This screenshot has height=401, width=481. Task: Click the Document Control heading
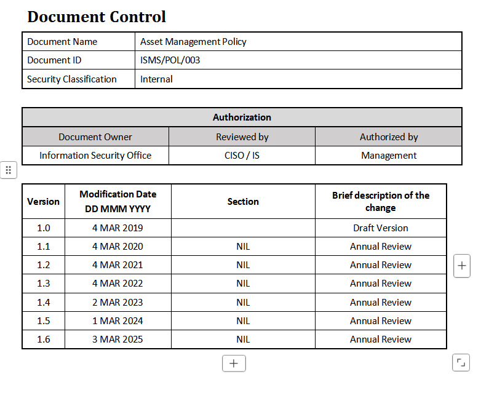point(97,17)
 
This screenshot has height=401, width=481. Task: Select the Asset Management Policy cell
point(193,42)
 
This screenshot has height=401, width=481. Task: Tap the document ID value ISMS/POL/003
point(170,60)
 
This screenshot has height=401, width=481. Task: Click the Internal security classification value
point(156,79)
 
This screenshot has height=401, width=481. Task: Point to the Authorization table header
point(242,117)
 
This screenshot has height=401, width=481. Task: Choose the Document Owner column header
point(95,137)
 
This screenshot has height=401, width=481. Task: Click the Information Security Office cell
point(95,156)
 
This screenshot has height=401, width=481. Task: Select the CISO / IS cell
point(242,156)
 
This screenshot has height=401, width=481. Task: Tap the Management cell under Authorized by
point(389,156)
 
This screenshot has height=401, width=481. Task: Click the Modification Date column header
point(117,201)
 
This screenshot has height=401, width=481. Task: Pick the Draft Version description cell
point(381,228)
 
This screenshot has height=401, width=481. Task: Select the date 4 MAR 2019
point(117,228)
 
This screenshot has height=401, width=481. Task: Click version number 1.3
point(43,284)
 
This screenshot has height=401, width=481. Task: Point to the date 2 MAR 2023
point(117,302)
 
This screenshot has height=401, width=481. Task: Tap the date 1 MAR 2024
point(117,320)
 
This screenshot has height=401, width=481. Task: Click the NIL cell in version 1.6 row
point(243,339)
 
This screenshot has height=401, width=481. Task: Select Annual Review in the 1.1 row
point(381,246)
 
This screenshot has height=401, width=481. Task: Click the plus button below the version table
point(234,363)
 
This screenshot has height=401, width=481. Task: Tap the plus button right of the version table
point(462,266)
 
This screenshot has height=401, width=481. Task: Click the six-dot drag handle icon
point(8,170)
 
